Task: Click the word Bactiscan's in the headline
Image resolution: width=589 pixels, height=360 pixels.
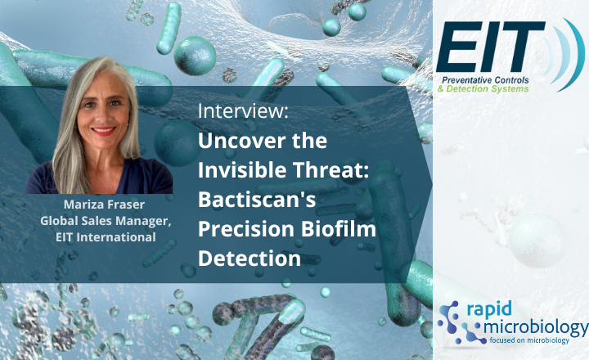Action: click(x=250, y=201)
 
